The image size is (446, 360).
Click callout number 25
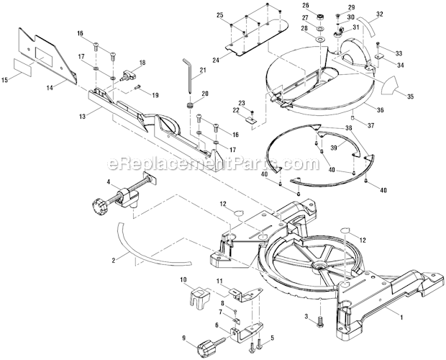[x=220, y=16]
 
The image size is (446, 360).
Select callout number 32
[x=380, y=14]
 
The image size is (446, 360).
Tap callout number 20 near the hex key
[x=204, y=94]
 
